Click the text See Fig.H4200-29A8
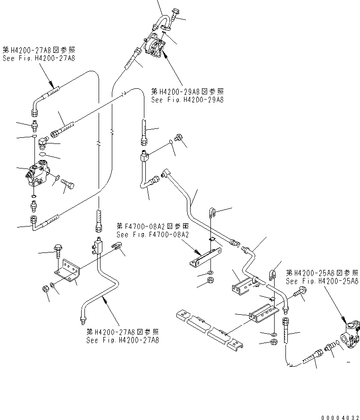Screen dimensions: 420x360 click(187, 100)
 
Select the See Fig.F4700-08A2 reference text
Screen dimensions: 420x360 click(152, 235)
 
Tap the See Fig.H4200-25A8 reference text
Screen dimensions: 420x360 click(322, 281)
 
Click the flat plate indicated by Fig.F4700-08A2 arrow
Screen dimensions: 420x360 click(204, 257)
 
